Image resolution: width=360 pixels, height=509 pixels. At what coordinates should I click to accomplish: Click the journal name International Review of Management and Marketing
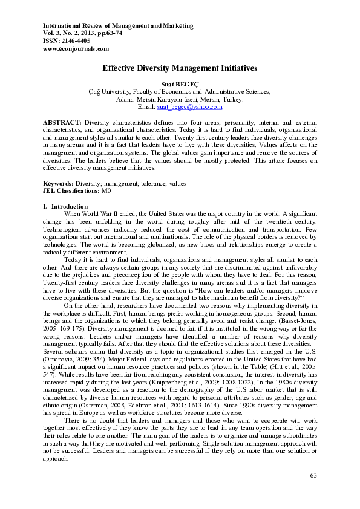pos(118,26)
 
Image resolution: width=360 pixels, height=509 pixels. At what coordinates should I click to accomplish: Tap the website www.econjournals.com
pos(76,48)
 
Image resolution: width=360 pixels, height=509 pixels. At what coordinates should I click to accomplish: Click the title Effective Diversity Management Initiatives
pos(180,70)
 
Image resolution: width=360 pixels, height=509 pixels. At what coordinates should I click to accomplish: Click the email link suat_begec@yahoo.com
pos(189,106)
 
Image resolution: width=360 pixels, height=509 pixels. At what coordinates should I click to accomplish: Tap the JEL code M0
pos(106,190)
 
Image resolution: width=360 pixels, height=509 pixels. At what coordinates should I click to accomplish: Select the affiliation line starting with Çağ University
pos(180,91)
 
